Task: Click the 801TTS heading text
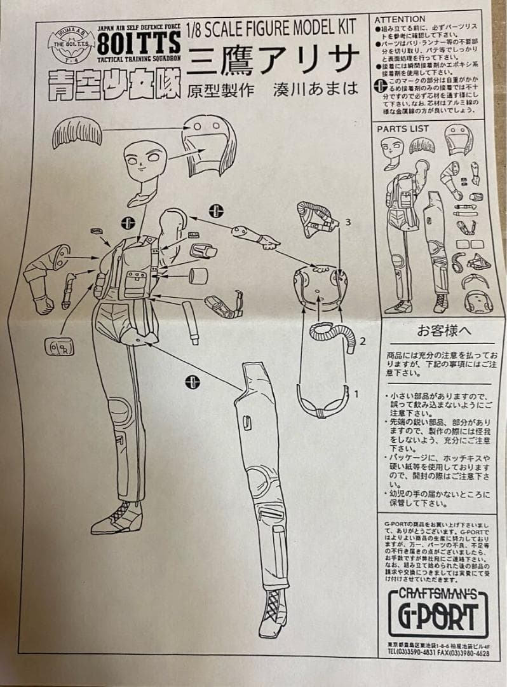tap(138, 44)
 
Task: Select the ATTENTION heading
tap(400, 20)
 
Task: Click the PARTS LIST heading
tap(403, 128)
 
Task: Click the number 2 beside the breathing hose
tap(362, 341)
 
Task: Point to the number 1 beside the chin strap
tap(356, 394)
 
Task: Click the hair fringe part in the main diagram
tap(78, 132)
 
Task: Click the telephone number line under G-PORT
tap(438, 651)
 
